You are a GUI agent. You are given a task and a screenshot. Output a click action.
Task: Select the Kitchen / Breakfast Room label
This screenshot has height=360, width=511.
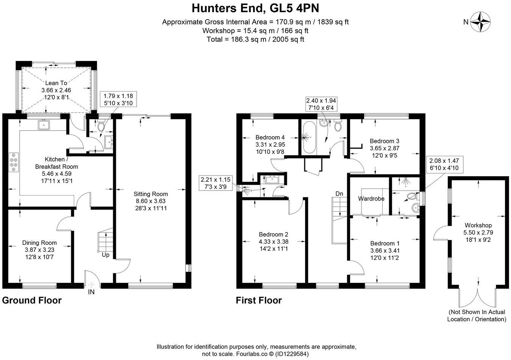click(x=56, y=163)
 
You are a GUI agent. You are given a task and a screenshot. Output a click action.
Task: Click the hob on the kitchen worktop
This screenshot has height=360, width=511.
click(x=14, y=163)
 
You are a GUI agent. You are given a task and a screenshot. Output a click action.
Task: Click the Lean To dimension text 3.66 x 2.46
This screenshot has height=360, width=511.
click(x=56, y=90)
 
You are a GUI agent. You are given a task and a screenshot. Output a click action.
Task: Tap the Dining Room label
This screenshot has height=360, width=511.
click(x=39, y=243)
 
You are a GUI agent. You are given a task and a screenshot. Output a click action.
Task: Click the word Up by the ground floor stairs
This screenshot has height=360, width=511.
click(x=106, y=255)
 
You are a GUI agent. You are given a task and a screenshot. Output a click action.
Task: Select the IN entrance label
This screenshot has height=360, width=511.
click(x=91, y=292)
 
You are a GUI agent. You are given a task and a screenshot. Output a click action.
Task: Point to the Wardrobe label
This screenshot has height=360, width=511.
click(x=369, y=199)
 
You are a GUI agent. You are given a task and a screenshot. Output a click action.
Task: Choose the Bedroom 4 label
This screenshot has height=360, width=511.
click(x=270, y=137)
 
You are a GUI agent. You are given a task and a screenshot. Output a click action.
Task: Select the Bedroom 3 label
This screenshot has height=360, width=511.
click(x=384, y=141)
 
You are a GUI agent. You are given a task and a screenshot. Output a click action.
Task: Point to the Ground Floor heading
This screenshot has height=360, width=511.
click(x=32, y=301)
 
